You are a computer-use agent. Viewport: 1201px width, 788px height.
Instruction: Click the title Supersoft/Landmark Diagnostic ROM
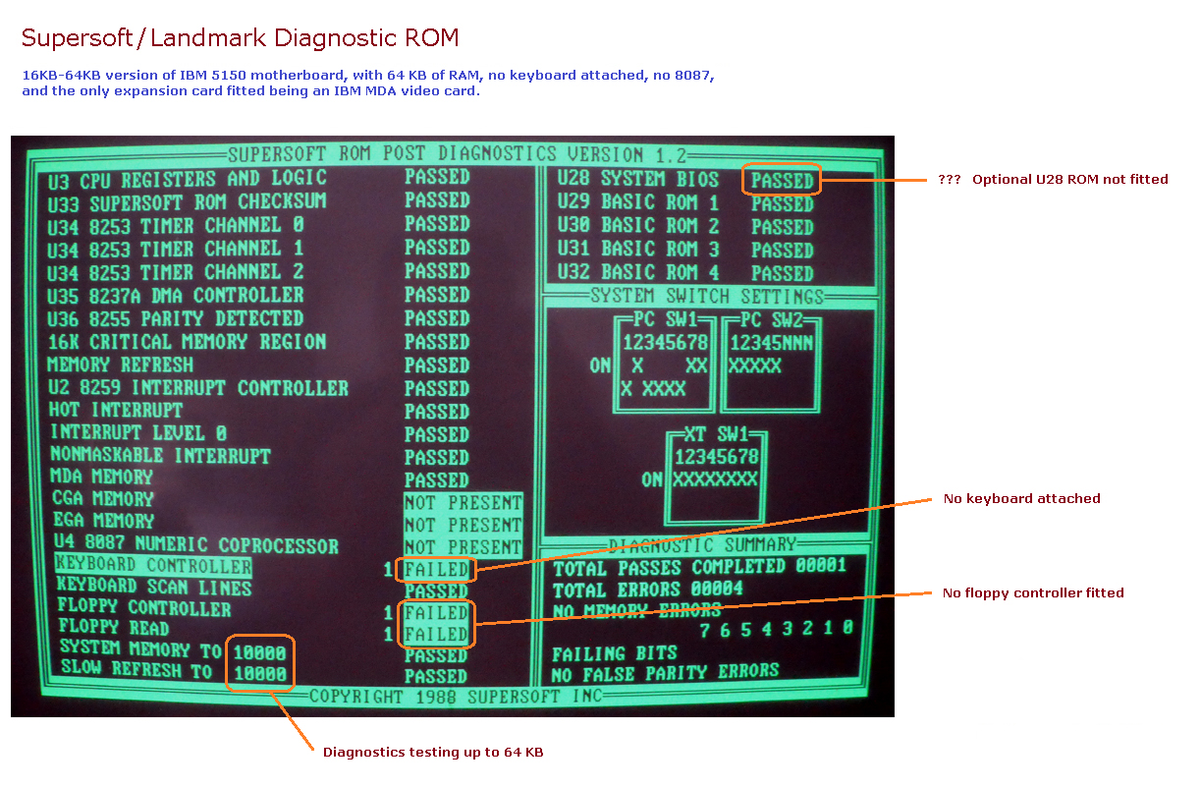[240, 38]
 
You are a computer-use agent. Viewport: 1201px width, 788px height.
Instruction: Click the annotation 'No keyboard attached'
[1021, 499]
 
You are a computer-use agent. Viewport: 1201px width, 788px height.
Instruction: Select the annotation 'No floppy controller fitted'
[1033, 593]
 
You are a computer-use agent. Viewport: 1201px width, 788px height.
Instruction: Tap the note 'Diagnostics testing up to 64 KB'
[433, 753]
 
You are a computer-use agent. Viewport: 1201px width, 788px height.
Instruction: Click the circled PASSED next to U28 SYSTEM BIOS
[782, 181]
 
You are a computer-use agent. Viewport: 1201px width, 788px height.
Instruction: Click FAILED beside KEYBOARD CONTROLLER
[436, 570]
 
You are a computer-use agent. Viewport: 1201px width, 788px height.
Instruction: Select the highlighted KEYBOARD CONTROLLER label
[154, 566]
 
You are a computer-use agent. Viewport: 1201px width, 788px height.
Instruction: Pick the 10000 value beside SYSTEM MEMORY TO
[259, 651]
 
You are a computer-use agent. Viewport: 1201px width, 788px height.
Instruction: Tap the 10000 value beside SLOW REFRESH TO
[259, 674]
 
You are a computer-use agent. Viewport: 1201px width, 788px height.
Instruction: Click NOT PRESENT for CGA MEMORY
[463, 503]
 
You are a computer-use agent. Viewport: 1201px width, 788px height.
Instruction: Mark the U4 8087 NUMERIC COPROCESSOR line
[194, 545]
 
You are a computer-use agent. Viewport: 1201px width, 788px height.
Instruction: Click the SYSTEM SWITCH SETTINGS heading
[707, 297]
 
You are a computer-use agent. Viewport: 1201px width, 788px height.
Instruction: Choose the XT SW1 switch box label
[716, 434]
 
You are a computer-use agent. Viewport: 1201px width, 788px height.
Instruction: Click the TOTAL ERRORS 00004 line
[648, 590]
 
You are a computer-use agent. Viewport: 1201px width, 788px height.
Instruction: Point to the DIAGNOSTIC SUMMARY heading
[702, 544]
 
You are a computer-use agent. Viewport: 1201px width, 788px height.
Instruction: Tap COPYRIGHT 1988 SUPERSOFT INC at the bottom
[452, 697]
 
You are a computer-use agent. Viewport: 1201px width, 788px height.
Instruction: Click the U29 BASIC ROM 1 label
[637, 203]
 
